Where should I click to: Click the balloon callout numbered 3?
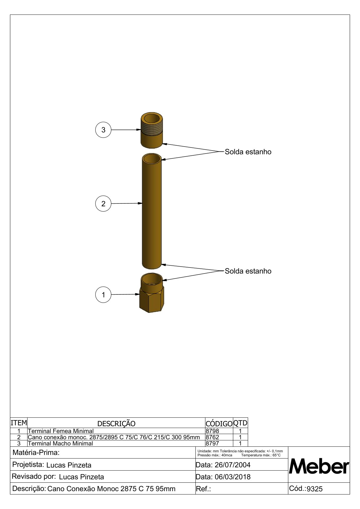pyautogui.click(x=103, y=130)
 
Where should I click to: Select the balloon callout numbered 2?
pyautogui.click(x=103, y=203)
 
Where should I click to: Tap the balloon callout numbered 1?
pyautogui.click(x=103, y=294)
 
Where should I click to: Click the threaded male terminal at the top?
pyautogui.click(x=152, y=131)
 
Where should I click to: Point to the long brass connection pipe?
pyautogui.click(x=152, y=212)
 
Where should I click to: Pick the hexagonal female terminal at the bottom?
pyautogui.click(x=152, y=295)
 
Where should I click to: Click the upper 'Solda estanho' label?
pyautogui.click(x=248, y=152)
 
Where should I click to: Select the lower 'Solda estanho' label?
pyautogui.click(x=248, y=271)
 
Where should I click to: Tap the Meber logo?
pyautogui.click(x=319, y=466)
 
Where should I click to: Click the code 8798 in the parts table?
pyautogui.click(x=212, y=431)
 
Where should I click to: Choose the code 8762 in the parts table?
pyautogui.click(x=212, y=437)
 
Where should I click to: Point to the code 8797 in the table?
pyautogui.click(x=212, y=443)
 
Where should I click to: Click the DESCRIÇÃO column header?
pyautogui.click(x=116, y=423)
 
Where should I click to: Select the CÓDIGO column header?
pyautogui.click(x=219, y=423)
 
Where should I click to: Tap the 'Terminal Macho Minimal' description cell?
pyautogui.click(x=61, y=443)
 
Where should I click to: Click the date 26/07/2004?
pyautogui.click(x=232, y=465)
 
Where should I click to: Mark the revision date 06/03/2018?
pyautogui.click(x=232, y=477)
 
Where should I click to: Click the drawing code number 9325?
pyautogui.click(x=315, y=489)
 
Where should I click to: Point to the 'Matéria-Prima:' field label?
pyautogui.click(x=36, y=452)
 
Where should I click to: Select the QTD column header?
pyautogui.click(x=240, y=423)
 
